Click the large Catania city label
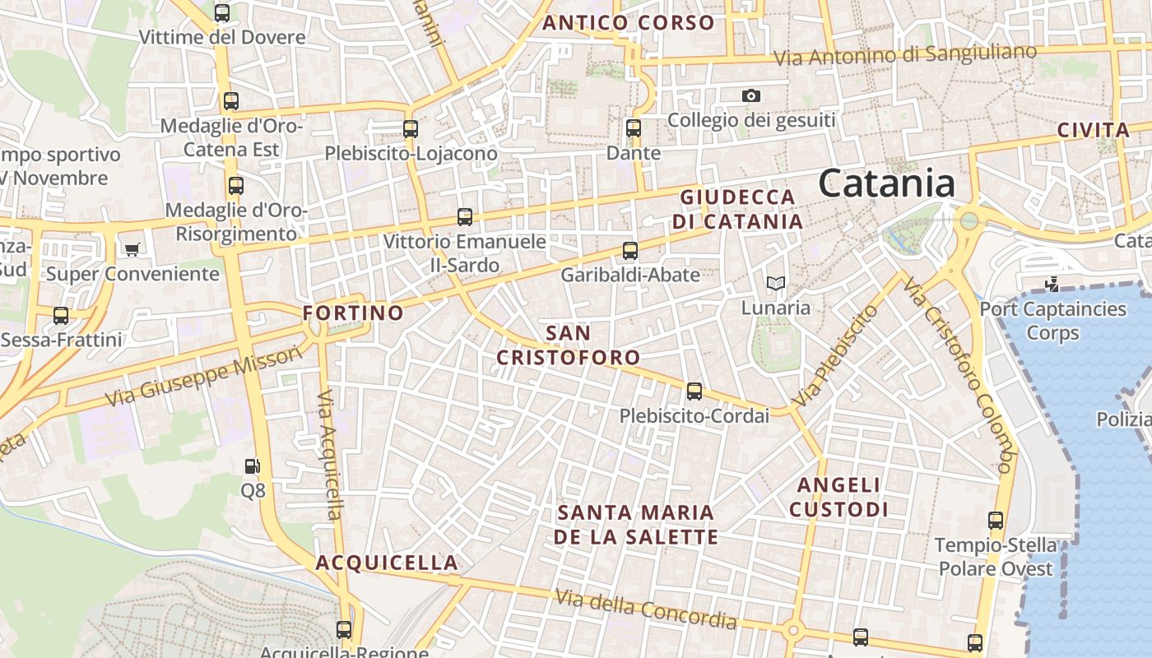point(886,183)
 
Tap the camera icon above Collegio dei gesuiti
point(750,96)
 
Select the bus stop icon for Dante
point(633,128)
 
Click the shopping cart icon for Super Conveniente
point(132,248)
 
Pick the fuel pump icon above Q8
point(252,466)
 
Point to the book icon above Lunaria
point(775,284)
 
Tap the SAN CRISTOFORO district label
point(569,345)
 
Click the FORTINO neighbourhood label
point(353,313)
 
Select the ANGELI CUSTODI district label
point(838,498)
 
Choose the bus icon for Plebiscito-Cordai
point(694,392)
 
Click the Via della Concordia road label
point(645,609)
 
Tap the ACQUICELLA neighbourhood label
point(387,563)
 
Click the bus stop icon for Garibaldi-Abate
point(630,251)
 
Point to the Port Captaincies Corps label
point(1052,321)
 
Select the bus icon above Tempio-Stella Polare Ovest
point(996,520)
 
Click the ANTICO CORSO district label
point(628,23)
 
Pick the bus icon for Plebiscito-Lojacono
point(411,129)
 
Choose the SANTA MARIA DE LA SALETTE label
point(635,525)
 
